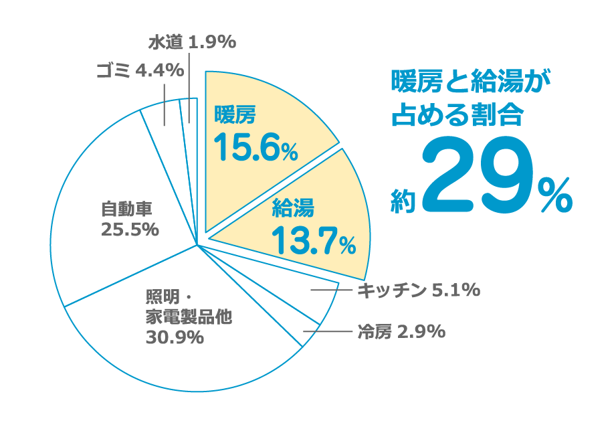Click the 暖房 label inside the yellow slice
coord(235,115)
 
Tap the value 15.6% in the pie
coord(254,148)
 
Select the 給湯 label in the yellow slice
coord(293,209)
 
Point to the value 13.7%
coord(312,242)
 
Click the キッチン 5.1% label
coord(418,290)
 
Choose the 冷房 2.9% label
coord(402,331)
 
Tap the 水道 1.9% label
coord(192,43)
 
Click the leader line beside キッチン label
coord(332,290)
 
